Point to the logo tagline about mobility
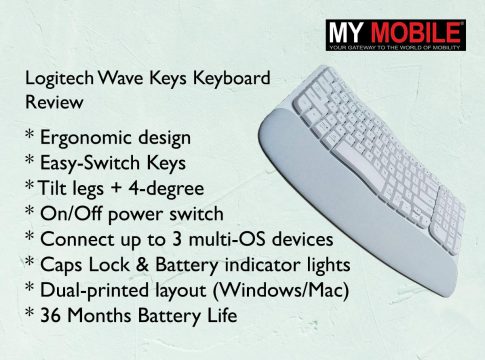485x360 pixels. point(395,47)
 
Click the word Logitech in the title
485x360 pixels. point(60,79)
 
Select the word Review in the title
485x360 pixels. point(54,102)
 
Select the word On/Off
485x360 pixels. point(71,214)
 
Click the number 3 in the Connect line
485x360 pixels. point(177,239)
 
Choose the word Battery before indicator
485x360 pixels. point(186,266)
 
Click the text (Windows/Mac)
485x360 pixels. point(281,291)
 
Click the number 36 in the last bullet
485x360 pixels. point(50,316)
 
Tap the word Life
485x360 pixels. point(222,315)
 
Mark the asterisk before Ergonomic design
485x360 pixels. point(30,134)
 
